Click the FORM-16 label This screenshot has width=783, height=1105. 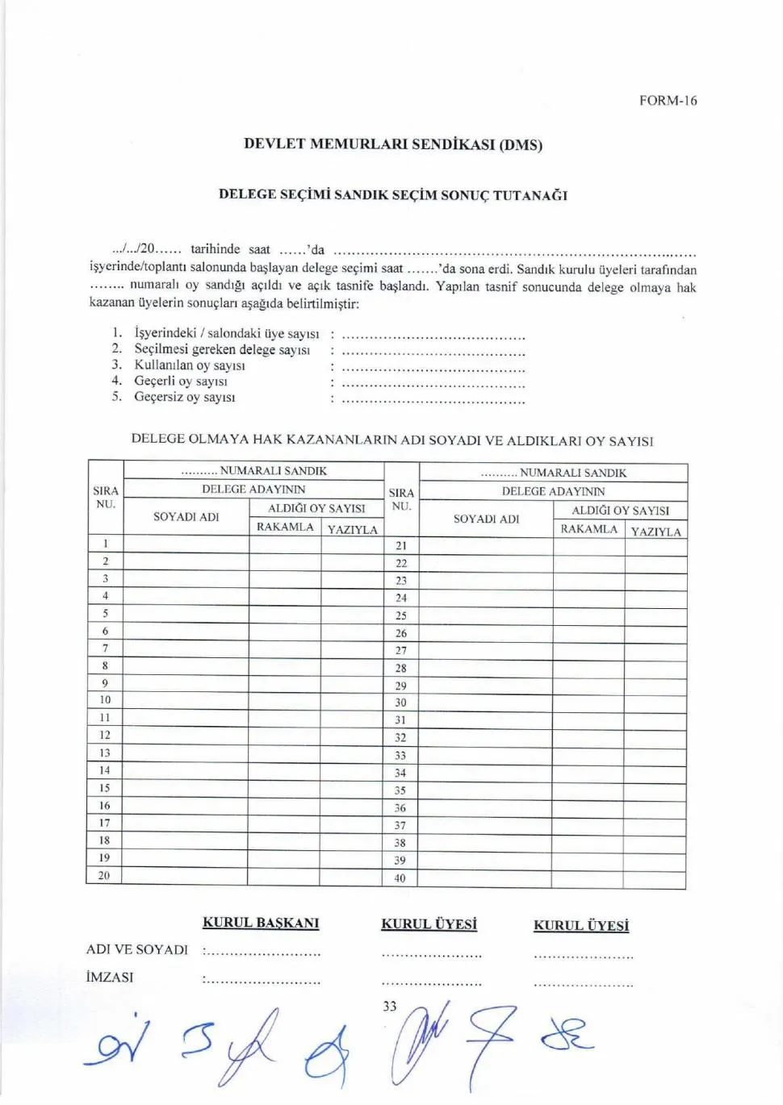pos(668,101)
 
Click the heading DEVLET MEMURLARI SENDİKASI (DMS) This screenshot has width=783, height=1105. pos(393,144)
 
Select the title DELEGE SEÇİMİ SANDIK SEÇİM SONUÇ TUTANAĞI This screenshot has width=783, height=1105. pos(393,195)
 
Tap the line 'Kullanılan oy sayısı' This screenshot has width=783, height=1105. pos(190,365)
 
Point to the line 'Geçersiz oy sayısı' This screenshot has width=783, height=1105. pos(185,397)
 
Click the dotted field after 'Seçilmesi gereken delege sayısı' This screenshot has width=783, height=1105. pos(433,351)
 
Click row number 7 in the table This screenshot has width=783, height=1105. pos(105,648)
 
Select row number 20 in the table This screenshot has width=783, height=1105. pos(104,875)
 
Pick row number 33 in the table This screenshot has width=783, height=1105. pos(400,756)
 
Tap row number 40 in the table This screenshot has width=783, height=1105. pos(400,878)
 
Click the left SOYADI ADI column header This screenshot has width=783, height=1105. pos(186,517)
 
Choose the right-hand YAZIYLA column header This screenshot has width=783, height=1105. pos(655,532)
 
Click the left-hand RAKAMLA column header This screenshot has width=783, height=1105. pos(285,527)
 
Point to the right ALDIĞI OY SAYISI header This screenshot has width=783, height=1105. pos(620,511)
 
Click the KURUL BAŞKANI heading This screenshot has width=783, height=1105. pos(261,923)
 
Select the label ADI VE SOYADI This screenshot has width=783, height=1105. pos(137,950)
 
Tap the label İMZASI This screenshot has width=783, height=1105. pos(110,978)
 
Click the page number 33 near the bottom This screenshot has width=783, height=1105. pos(390,1007)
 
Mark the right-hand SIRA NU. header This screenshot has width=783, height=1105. pos(401,499)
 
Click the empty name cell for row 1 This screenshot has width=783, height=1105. pos(186,544)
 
